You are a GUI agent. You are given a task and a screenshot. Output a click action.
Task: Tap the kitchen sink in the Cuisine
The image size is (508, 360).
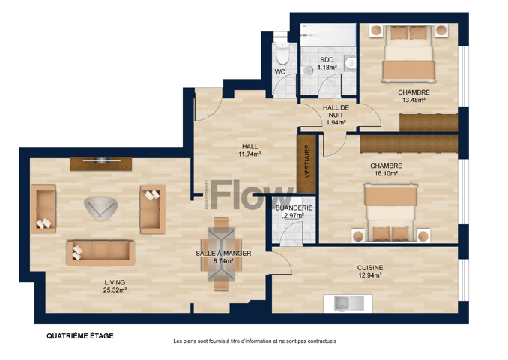click(348, 304)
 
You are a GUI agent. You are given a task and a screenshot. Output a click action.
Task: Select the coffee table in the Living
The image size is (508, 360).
click(100, 209)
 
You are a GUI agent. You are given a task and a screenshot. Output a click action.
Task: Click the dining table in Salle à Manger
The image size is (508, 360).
click(221, 254)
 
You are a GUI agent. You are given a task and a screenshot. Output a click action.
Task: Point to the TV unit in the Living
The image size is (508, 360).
click(100, 163)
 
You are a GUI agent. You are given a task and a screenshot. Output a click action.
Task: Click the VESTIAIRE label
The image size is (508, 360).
click(307, 161)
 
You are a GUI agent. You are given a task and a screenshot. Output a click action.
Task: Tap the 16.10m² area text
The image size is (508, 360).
click(386, 173)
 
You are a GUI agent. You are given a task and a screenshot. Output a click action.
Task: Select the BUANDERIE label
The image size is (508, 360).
click(294, 208)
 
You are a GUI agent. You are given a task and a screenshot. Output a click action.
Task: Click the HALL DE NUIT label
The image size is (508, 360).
click(336, 111)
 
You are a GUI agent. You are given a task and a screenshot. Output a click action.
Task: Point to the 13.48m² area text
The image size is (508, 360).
click(414, 100)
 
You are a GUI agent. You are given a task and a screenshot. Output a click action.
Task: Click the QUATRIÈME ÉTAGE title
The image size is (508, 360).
click(80, 336)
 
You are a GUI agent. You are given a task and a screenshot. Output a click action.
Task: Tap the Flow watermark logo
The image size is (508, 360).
click(252, 194)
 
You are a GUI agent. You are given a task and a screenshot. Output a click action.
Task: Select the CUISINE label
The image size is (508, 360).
click(370, 268)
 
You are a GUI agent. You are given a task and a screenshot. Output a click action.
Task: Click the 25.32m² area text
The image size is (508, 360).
click(115, 290)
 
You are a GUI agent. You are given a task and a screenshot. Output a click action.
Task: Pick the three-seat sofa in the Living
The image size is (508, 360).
click(100, 253)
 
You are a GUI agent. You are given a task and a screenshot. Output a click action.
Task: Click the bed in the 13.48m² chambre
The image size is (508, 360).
click(409, 53)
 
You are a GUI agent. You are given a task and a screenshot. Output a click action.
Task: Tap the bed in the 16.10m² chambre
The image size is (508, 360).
click(390, 213)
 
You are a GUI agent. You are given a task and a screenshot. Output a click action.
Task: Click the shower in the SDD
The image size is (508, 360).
click(328, 34)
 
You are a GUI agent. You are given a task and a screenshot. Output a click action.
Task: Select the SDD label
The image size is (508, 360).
click(327, 60)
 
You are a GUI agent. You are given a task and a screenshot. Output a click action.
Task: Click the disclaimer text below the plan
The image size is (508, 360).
click(255, 340)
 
